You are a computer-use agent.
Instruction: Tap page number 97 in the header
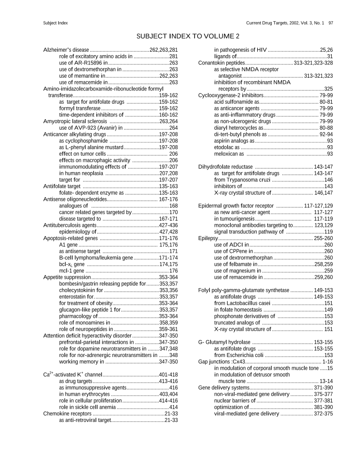[330, 23]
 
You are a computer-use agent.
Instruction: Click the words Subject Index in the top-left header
[55, 23]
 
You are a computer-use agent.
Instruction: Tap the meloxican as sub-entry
[229, 154]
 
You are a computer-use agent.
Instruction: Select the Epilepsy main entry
[208, 238]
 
